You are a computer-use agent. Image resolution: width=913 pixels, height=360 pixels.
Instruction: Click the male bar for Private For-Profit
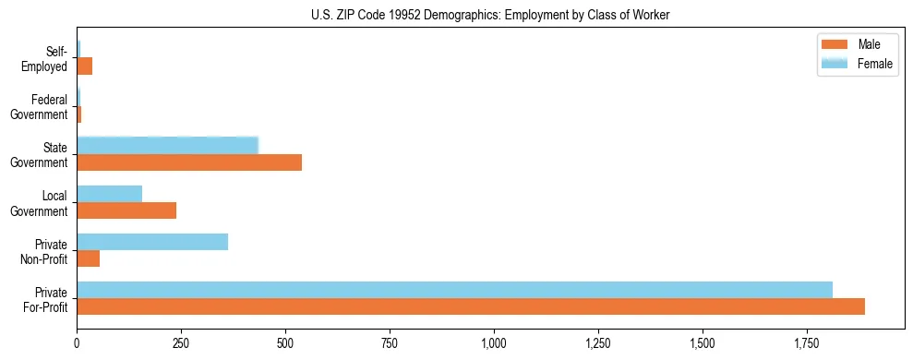[471, 306]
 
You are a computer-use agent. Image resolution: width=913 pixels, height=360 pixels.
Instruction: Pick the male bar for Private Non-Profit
[89, 258]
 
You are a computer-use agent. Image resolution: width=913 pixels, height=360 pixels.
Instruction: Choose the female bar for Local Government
[110, 194]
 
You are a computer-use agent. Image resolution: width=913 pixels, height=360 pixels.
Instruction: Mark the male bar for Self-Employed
[85, 66]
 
